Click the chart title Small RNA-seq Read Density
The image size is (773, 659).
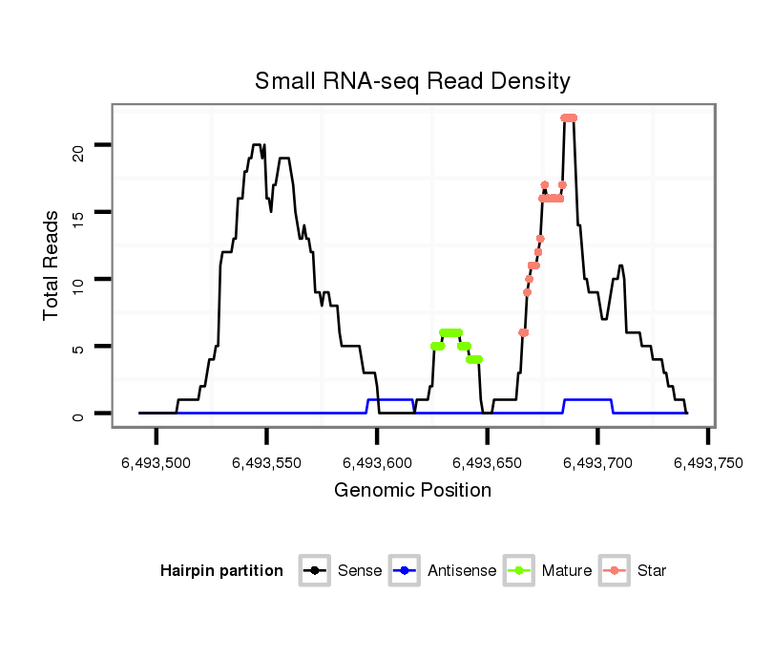412,81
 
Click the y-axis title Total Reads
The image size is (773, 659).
52,266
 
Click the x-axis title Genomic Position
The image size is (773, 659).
412,491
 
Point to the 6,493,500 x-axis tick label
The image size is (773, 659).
157,463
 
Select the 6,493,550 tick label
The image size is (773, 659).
266,463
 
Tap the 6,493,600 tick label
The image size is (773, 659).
377,463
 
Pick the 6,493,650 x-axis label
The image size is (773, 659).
488,463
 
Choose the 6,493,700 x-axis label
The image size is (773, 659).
597,463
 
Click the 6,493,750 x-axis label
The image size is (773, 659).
707,463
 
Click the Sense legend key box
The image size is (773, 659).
314,571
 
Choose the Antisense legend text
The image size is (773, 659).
462,571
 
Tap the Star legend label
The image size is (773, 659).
652,571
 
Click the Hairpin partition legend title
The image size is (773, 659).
221,571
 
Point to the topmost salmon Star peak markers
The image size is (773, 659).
569,117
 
